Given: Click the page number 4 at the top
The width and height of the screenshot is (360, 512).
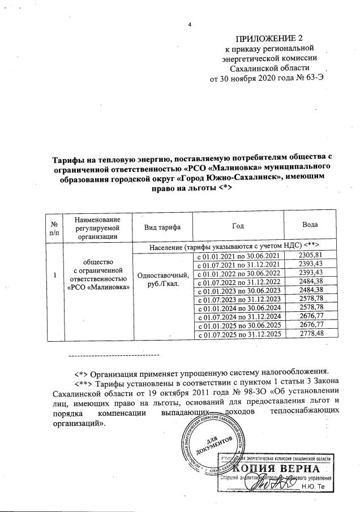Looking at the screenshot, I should (x=189, y=25).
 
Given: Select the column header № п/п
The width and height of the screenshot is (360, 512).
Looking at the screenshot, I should (x=54, y=227).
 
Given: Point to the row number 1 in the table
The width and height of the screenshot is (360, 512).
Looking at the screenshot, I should (x=54, y=275).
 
